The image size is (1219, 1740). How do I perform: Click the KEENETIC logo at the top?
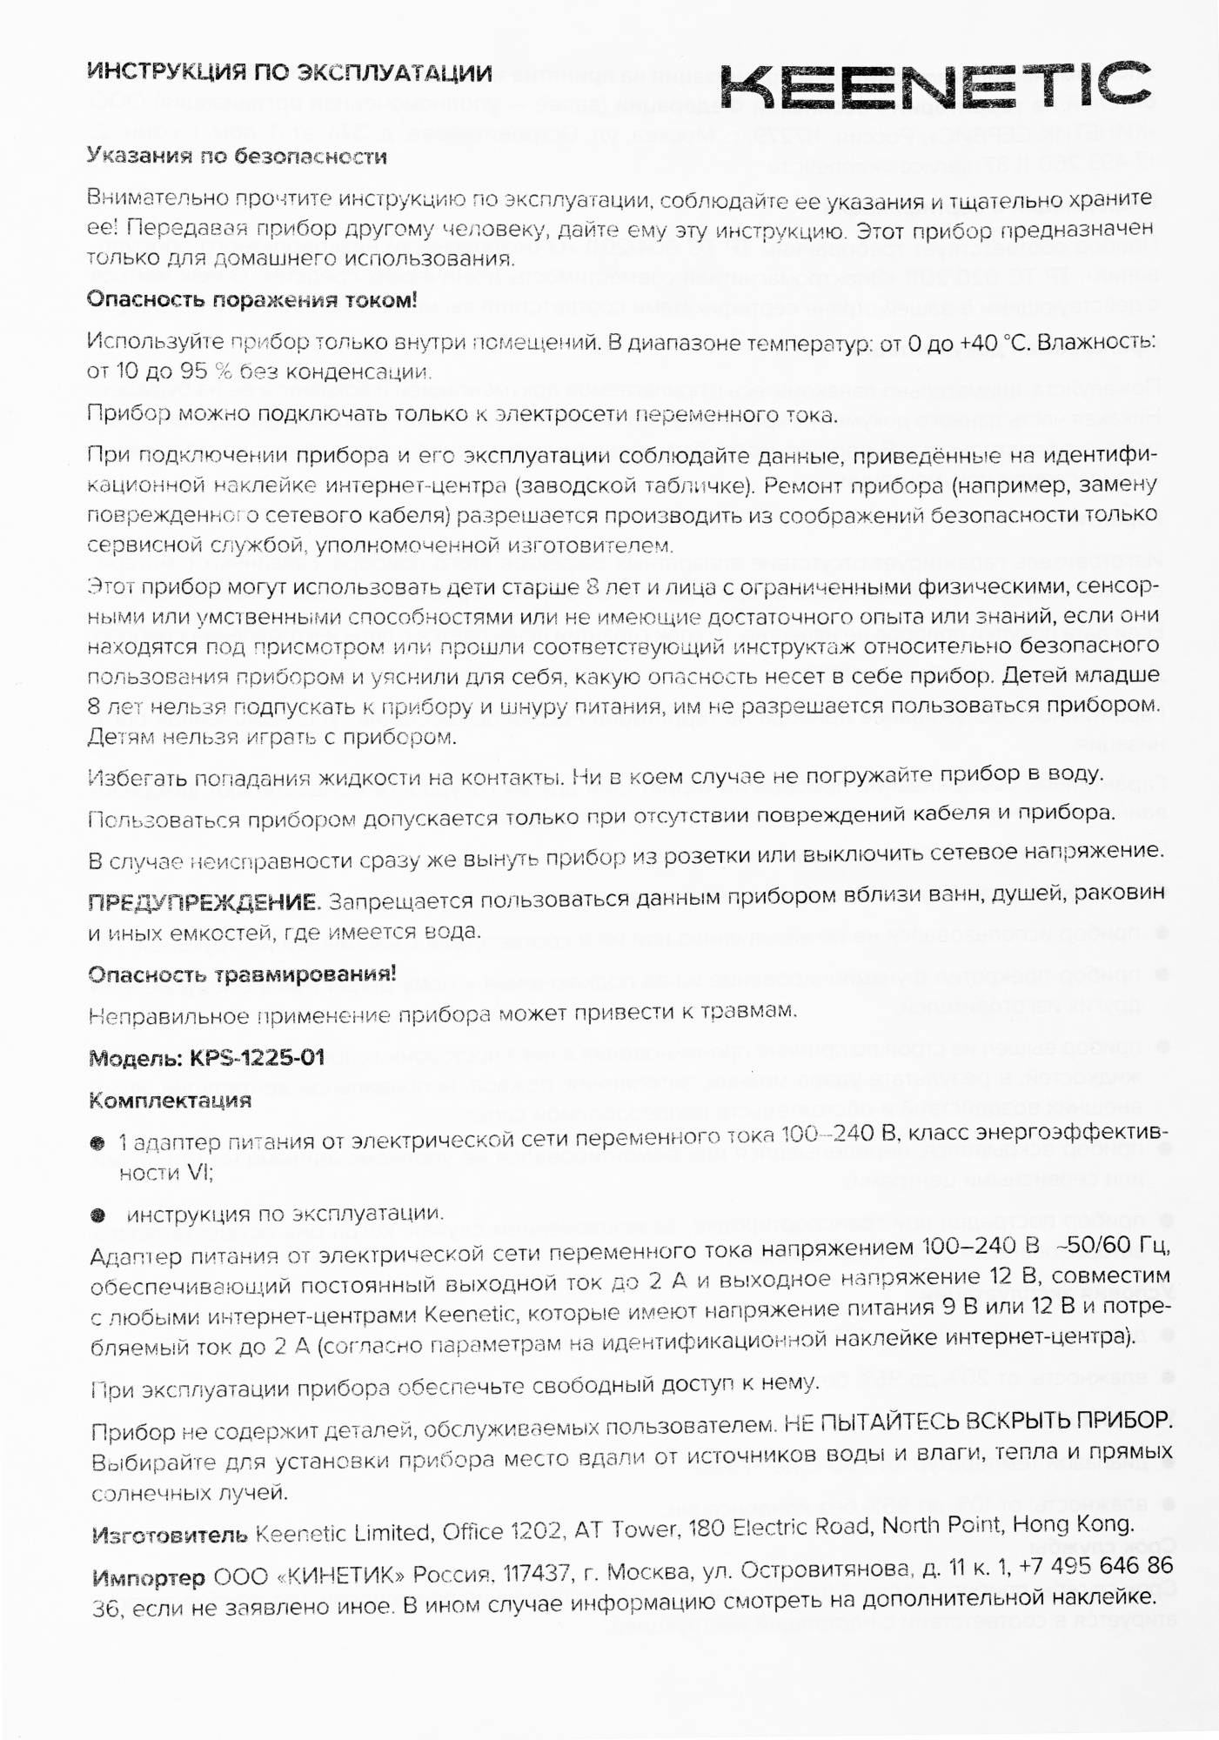coord(935,84)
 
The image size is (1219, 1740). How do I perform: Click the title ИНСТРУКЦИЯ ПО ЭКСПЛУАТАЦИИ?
coord(290,73)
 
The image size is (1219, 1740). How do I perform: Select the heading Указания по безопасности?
coord(237,157)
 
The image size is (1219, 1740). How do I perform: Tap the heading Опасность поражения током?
coord(251,300)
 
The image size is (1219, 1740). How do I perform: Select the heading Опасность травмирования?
coord(242,974)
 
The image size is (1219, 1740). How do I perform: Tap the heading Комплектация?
coord(170,1101)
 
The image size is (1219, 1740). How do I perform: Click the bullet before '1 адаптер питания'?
coord(97,1142)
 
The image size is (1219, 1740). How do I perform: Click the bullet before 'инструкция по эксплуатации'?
coord(97,1215)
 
